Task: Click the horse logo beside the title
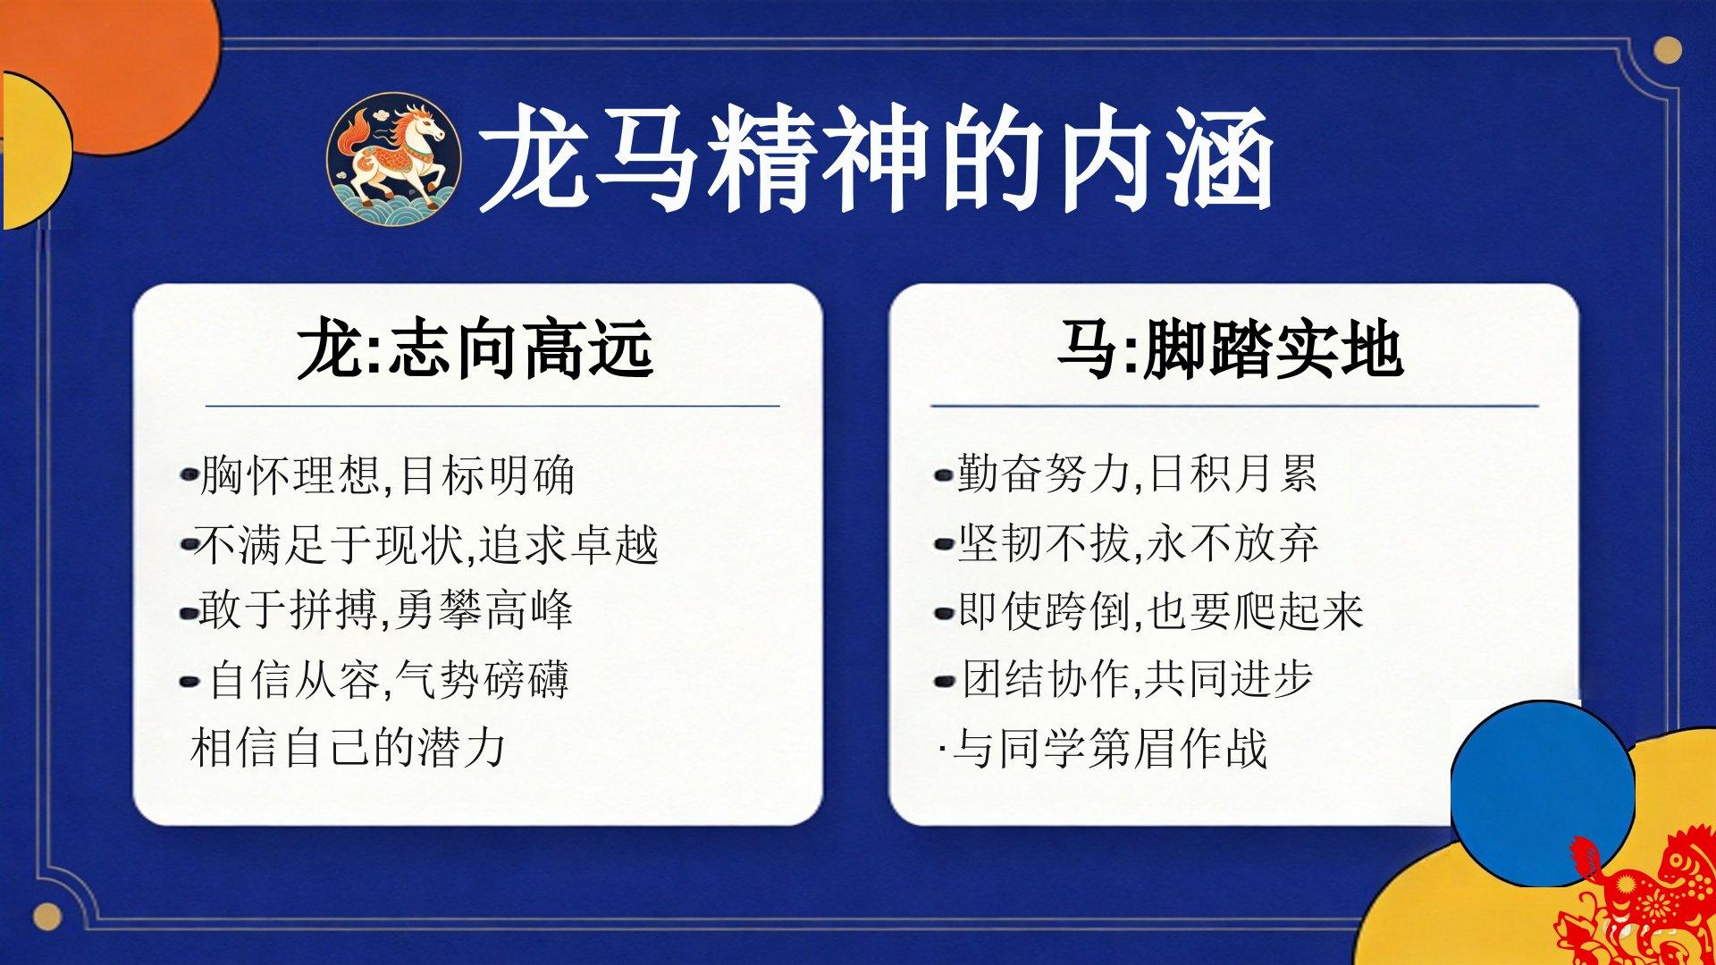click(x=394, y=160)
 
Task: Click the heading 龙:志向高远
click(x=475, y=349)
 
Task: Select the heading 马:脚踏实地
click(x=1230, y=349)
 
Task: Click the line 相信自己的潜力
click(x=349, y=748)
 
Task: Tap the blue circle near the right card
click(x=1542, y=793)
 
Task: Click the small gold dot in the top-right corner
click(x=1667, y=50)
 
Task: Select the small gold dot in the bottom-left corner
click(x=47, y=916)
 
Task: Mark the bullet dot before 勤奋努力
click(x=944, y=476)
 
